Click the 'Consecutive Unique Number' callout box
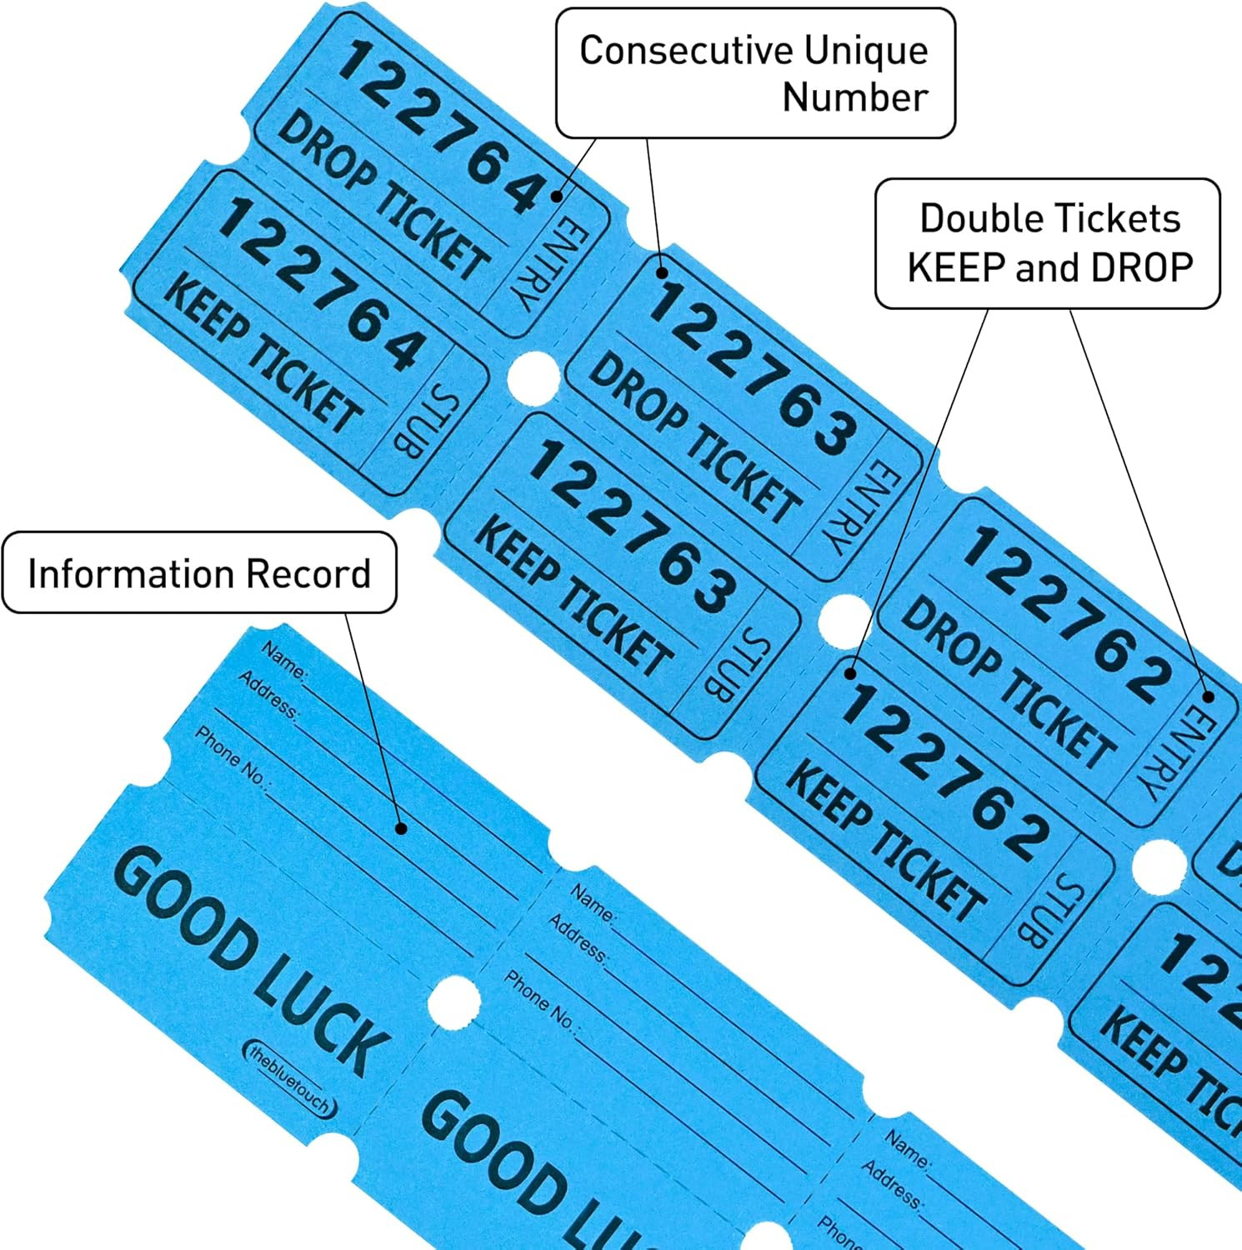(754, 73)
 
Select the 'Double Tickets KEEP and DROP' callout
(1048, 243)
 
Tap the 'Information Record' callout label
(199, 573)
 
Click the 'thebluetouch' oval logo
(290, 1078)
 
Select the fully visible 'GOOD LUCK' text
(250, 958)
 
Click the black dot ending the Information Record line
(401, 828)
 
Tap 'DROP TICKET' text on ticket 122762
(1008, 680)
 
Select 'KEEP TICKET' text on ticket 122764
(263, 353)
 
